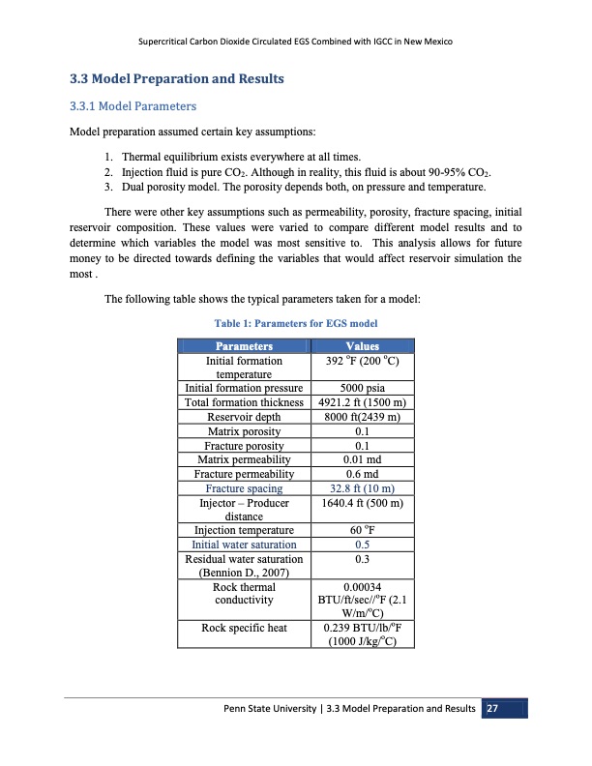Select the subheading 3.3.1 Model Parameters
[x=132, y=105]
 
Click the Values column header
[x=361, y=346]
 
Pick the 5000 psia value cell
[x=361, y=389]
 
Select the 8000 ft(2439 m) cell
[x=361, y=417]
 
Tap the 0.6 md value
[x=361, y=474]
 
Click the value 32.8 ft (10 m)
[x=361, y=488]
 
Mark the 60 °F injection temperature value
[x=361, y=530]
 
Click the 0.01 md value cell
[x=361, y=459]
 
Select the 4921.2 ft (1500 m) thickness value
[x=361, y=403]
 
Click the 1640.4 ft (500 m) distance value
[x=361, y=503]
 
